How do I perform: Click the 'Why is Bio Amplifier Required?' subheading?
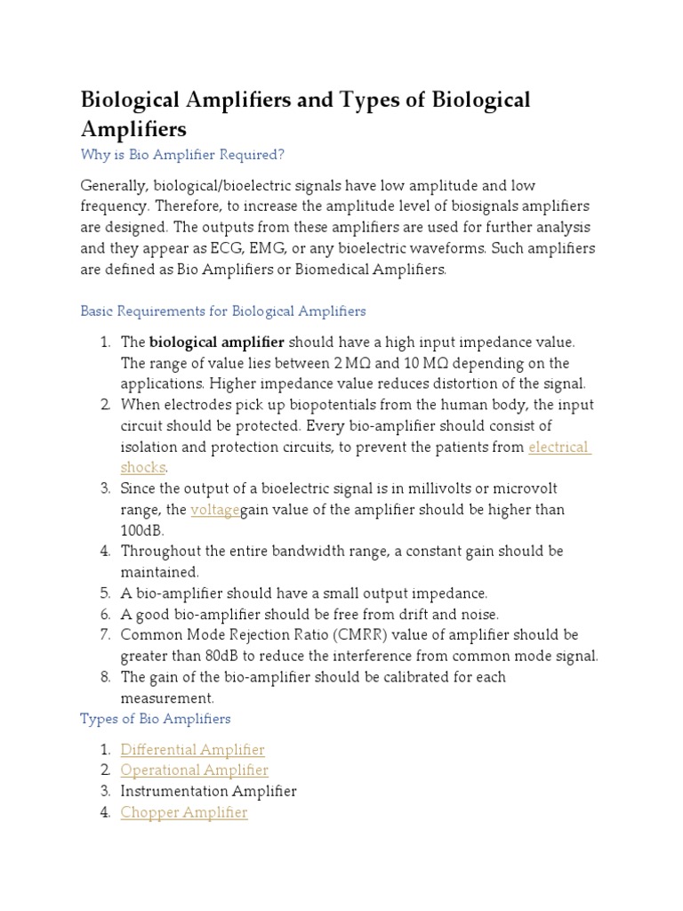182,155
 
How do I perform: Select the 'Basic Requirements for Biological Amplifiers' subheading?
222,311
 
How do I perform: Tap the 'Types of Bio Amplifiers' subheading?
155,719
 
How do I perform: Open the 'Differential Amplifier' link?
192,750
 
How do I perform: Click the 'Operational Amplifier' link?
194,770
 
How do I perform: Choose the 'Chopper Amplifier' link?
184,812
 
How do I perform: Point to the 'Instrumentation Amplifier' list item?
208,791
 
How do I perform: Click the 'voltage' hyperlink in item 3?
214,510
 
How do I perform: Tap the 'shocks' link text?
143,468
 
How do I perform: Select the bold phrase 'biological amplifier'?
217,343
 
